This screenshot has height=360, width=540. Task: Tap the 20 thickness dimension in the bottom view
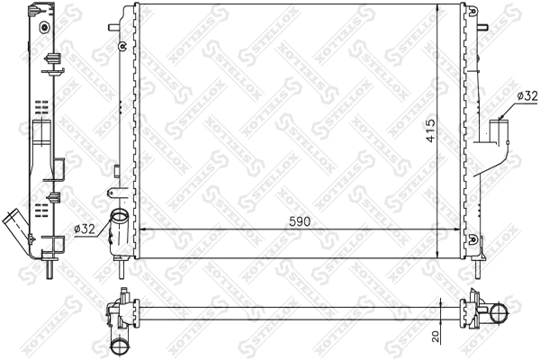pyautogui.click(x=436, y=336)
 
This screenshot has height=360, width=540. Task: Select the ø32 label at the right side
pyautogui.click(x=526, y=94)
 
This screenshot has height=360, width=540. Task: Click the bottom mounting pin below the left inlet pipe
pyautogui.click(x=118, y=266)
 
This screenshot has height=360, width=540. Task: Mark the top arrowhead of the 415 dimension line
pyautogui.click(x=437, y=7)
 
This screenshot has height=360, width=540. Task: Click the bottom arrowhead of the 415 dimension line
pyautogui.click(x=437, y=253)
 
